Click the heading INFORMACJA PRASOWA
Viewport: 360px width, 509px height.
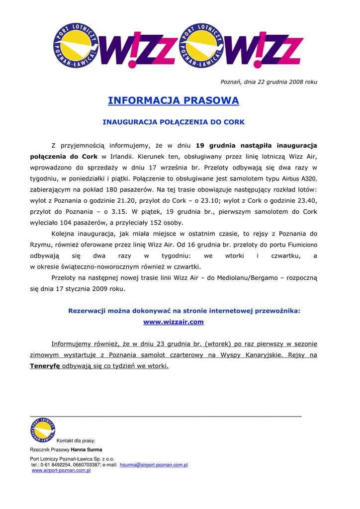click(x=174, y=101)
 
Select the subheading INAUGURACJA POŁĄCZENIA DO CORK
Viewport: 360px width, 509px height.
click(x=174, y=122)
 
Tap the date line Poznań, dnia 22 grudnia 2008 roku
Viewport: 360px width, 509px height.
click(x=269, y=82)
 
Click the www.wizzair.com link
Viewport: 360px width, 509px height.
click(x=174, y=322)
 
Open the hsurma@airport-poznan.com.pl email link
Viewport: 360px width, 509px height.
click(x=154, y=465)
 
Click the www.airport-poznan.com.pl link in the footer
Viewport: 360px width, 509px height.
click(x=61, y=470)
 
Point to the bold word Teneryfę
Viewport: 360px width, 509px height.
click(x=45, y=366)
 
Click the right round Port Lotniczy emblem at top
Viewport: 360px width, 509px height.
click(x=201, y=45)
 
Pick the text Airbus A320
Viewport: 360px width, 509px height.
click(x=299, y=178)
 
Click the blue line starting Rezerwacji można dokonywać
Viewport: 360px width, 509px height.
click(x=184, y=311)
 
